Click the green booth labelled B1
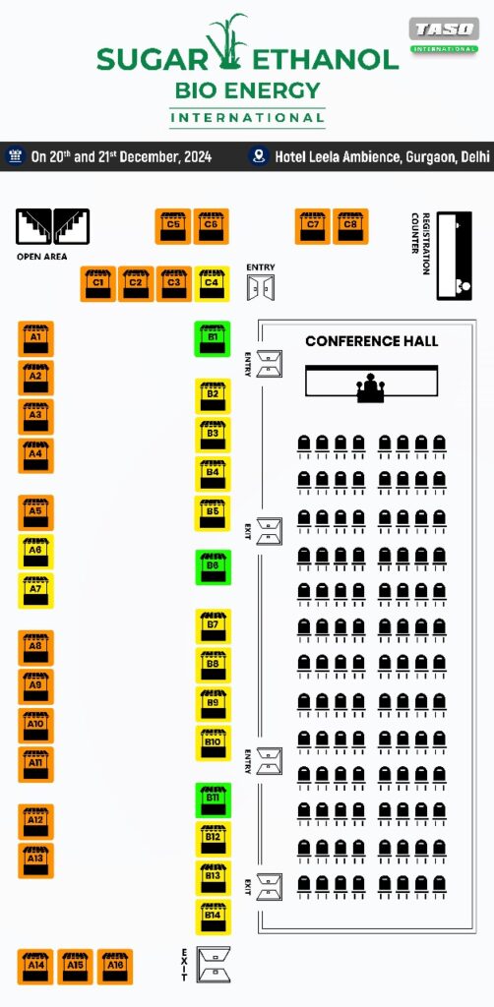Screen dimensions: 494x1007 tap(212, 339)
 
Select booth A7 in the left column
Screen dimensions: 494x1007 tap(35, 591)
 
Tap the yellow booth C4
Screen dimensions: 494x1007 tap(212, 284)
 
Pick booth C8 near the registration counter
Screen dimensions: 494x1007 tap(350, 226)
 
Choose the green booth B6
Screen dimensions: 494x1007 tap(213, 567)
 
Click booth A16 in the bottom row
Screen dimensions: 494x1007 tap(115, 967)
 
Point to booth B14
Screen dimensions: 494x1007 tap(213, 918)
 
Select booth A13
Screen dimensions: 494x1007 tap(35, 860)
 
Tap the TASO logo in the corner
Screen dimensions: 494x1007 tap(444, 35)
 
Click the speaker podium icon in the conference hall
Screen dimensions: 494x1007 tap(371, 388)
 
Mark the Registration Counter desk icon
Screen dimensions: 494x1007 tap(455, 256)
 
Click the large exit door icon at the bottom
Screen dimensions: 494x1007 tap(214, 965)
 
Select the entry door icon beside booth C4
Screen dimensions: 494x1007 tap(260, 287)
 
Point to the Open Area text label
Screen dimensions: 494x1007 tap(41, 257)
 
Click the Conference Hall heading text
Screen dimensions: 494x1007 tap(372, 341)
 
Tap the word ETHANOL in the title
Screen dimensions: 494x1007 tap(326, 60)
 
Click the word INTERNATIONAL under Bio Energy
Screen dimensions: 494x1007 tap(247, 118)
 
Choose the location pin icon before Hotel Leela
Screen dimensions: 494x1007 tap(259, 156)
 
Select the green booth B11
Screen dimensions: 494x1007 tap(213, 800)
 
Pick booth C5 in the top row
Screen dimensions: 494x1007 tap(173, 226)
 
